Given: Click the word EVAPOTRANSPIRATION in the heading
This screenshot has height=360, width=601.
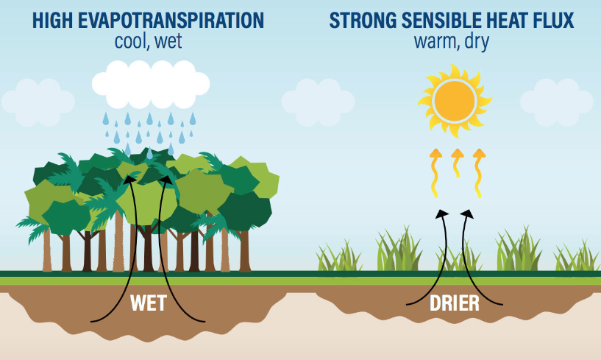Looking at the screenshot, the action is pyautogui.click(x=171, y=21).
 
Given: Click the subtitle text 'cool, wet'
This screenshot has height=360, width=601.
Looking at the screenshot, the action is pyautogui.click(x=149, y=41).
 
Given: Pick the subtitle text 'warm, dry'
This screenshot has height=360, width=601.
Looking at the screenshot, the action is pyautogui.click(x=452, y=42).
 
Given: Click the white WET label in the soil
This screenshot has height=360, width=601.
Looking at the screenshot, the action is pyautogui.click(x=149, y=303).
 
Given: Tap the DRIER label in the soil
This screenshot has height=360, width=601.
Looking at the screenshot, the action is pyautogui.click(x=455, y=303).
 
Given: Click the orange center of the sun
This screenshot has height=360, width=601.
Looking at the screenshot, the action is pyautogui.click(x=455, y=101).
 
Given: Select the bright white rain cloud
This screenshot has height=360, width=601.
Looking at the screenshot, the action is pyautogui.click(x=151, y=85).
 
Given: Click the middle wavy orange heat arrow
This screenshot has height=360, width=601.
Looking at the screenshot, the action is pyautogui.click(x=458, y=163).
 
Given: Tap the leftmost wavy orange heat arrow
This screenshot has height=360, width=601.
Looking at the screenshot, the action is pyautogui.click(x=435, y=173).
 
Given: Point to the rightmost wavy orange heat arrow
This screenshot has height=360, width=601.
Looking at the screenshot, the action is pyautogui.click(x=479, y=173).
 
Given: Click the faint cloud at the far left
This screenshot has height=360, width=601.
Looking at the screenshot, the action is pyautogui.click(x=38, y=102).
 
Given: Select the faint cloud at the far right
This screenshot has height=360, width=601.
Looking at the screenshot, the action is pyautogui.click(x=557, y=102).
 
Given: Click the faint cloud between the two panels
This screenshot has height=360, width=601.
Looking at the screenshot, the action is pyautogui.click(x=318, y=102).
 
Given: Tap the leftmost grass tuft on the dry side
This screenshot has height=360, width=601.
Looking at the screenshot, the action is pyautogui.click(x=339, y=256).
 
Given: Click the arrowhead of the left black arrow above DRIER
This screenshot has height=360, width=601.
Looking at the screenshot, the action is pyautogui.click(x=442, y=213).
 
